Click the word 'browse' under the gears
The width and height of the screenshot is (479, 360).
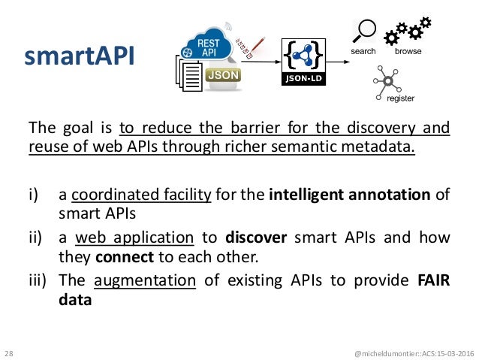[408, 52]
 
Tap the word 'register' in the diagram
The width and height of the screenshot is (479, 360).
[400, 98]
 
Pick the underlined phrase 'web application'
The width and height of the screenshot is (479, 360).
[134, 238]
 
